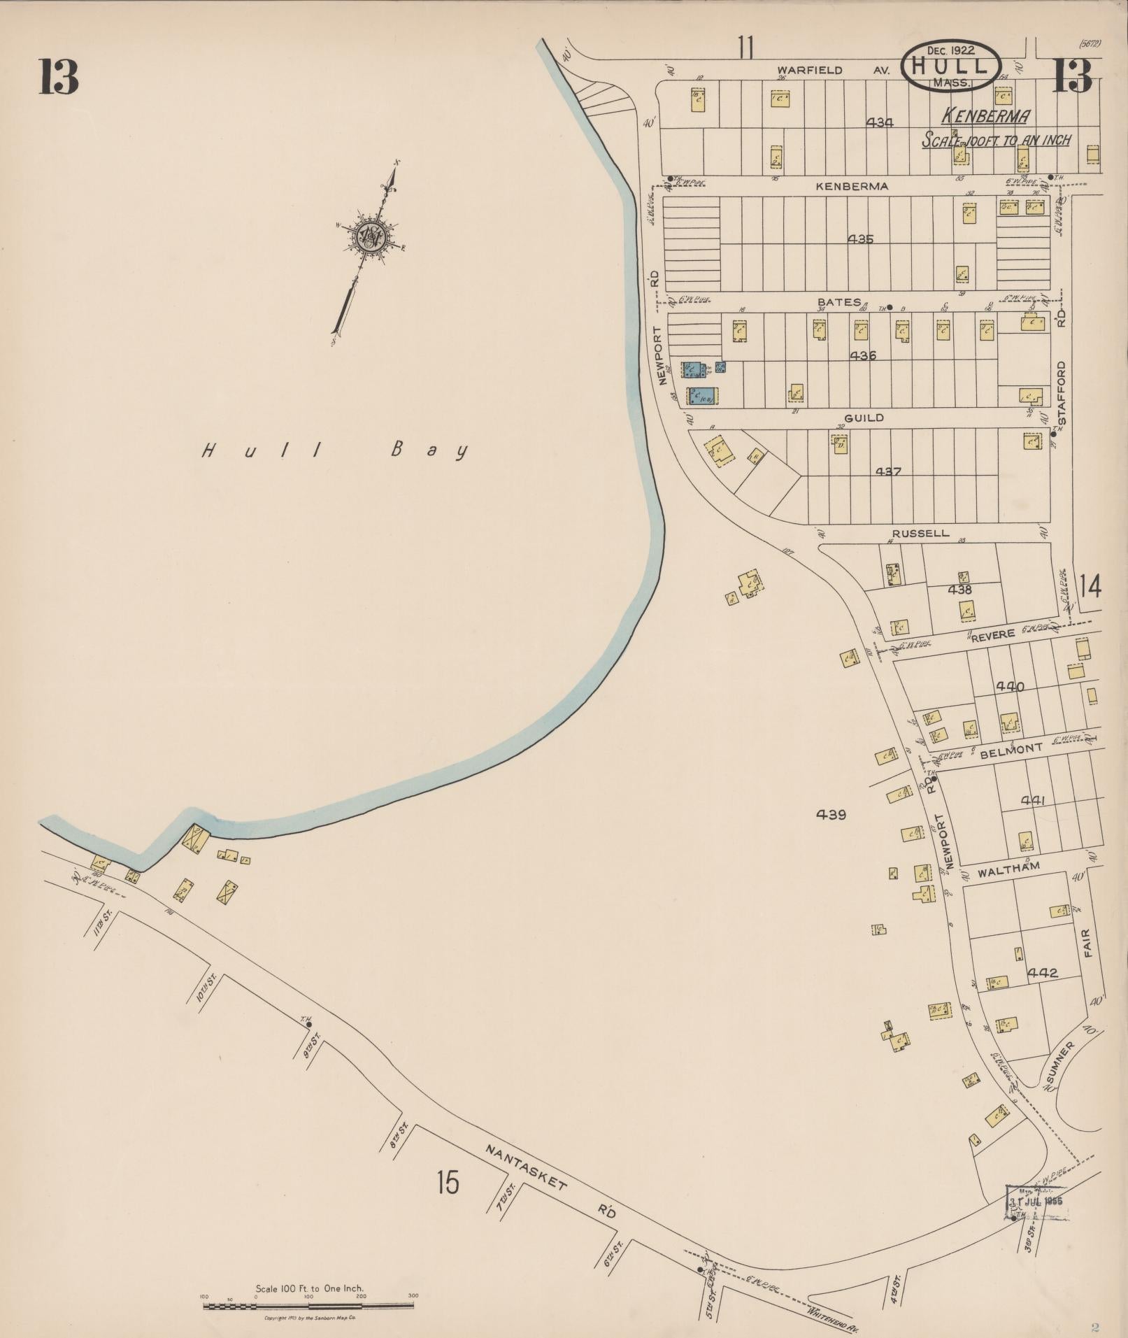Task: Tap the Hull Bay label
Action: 334,451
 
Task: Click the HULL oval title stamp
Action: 950,66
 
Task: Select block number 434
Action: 879,122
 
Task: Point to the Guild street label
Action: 864,418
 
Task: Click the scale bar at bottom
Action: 308,816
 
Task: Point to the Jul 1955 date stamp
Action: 1038,713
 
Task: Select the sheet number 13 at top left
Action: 59,77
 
